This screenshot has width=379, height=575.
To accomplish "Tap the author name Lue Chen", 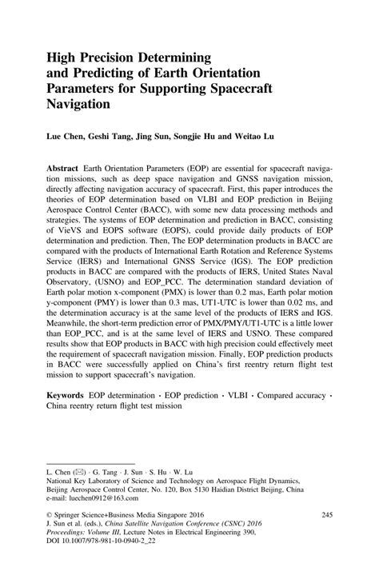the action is (65, 137).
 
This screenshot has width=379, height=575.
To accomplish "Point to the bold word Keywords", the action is (66, 395).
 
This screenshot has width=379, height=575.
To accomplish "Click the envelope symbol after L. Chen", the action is (81, 465).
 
